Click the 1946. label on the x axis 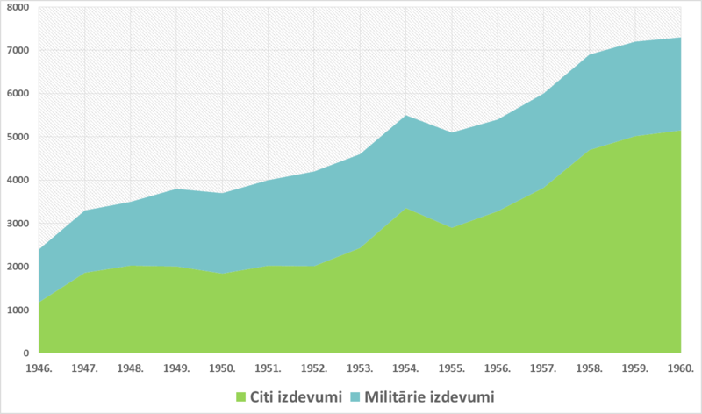pos(38,367)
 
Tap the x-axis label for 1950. pos(222,367)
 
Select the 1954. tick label pos(406,367)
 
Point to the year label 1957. pos(544,367)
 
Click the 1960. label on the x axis pos(682,367)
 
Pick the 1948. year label pos(130,367)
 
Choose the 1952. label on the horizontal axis pos(314,367)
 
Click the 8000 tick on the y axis pos(17,7)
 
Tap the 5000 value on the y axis pos(17,137)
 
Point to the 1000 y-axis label pos(17,310)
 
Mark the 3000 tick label pos(17,224)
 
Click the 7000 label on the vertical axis pos(17,50)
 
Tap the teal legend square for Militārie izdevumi pos(355,397)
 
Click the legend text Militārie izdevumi pos(429,397)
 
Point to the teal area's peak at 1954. pos(406,116)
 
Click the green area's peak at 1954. pos(406,209)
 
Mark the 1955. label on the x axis pos(452,367)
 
